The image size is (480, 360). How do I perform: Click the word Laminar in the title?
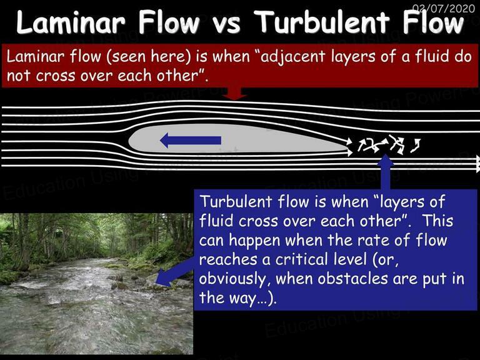coord(71,22)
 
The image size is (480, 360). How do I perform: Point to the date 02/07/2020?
coord(444,8)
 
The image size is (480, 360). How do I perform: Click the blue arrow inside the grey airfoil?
coord(191,141)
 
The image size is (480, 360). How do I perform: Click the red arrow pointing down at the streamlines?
coord(234,93)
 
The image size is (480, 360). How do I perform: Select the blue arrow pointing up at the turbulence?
coord(386,172)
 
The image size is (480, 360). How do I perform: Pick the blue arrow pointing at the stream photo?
coord(174,272)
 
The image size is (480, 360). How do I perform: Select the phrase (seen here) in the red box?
coord(149,57)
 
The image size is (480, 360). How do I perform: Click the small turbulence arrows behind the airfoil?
coord(389,144)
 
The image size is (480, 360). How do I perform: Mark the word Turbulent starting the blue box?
coord(236,202)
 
